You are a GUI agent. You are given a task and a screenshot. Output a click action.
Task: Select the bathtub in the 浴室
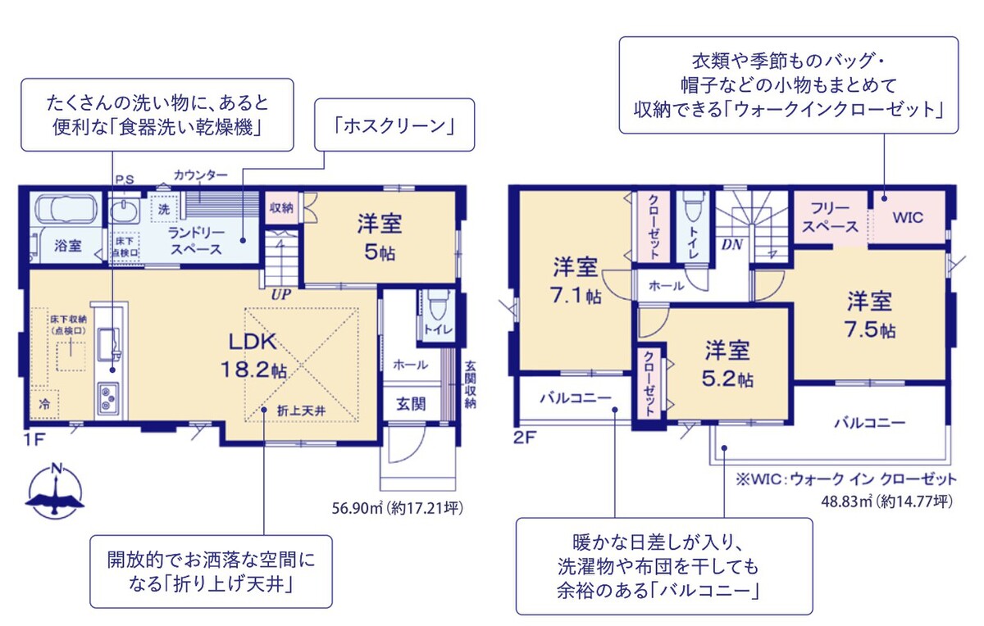66,209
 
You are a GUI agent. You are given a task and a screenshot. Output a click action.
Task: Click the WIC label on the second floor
908,218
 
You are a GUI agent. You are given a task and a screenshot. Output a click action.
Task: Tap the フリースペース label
829,217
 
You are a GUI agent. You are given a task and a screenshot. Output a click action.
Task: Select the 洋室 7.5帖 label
870,315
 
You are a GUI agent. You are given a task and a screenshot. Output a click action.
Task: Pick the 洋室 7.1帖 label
575,280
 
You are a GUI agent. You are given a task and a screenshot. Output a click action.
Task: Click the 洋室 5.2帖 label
728,365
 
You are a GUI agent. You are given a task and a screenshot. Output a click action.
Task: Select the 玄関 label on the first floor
411,404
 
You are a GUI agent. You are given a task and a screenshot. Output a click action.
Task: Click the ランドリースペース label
196,241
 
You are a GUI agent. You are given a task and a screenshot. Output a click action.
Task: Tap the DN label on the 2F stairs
731,244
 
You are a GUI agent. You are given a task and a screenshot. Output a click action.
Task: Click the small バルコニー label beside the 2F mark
575,398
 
